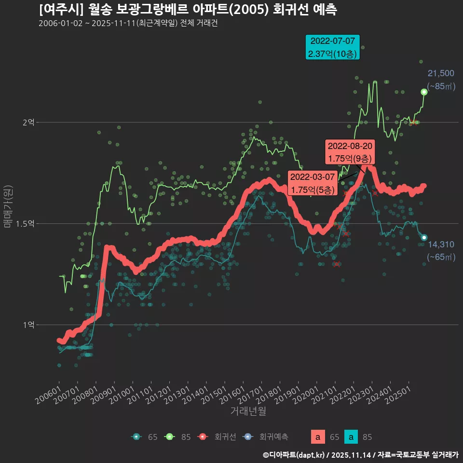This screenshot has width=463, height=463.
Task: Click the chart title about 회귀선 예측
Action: tap(188, 10)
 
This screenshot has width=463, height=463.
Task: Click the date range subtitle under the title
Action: tap(128, 23)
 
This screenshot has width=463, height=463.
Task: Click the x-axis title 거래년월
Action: tap(248, 411)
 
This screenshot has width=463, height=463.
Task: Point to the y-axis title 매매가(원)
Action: tap(8, 207)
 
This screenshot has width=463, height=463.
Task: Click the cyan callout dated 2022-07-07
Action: tap(333, 47)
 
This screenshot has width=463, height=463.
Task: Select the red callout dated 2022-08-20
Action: tap(350, 152)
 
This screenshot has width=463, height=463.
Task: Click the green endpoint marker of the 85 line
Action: tap(424, 92)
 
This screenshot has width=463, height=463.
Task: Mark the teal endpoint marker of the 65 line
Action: tap(424, 237)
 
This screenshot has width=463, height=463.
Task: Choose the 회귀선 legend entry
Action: tap(220, 437)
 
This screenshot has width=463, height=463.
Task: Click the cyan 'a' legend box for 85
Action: tap(352, 437)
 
